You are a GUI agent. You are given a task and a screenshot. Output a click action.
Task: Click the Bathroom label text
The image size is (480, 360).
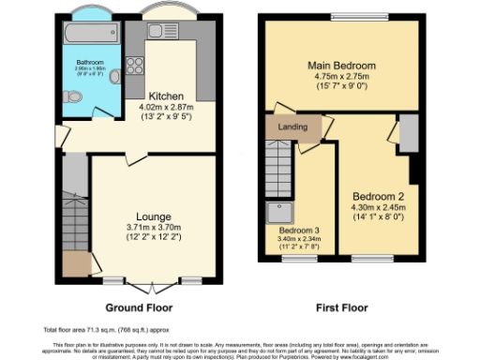(90, 63)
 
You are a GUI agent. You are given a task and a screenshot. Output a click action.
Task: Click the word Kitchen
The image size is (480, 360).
(166, 96)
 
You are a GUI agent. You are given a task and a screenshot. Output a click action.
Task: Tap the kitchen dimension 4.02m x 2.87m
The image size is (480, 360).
(166, 107)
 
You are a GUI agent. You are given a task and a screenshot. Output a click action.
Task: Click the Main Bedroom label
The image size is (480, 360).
(342, 66)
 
